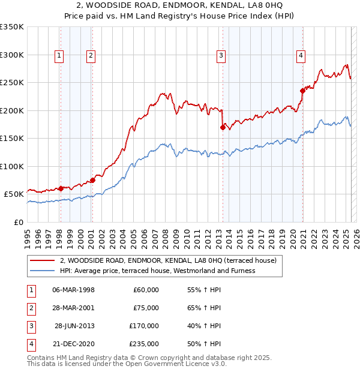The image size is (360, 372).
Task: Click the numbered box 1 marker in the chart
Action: [59, 56]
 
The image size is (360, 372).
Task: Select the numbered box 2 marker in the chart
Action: [91, 56]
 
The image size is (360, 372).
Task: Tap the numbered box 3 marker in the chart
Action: [221, 56]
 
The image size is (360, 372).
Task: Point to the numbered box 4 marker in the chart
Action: [301, 56]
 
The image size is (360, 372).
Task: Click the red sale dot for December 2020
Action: [302, 91]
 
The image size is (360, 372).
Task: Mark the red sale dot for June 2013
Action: [223, 127]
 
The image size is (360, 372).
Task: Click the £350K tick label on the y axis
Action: [12, 27]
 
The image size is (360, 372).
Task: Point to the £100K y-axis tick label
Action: [12, 166]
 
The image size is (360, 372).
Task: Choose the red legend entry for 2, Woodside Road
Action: [168, 261]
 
